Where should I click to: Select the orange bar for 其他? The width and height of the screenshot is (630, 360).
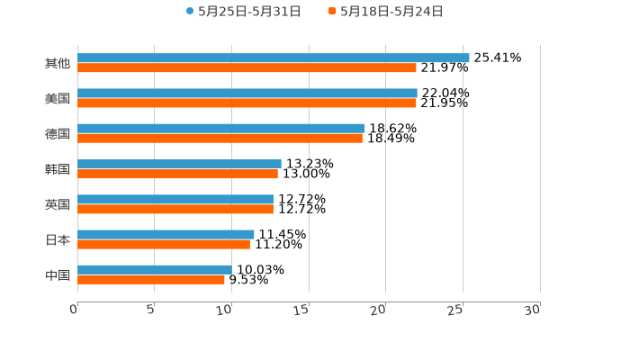[247, 67]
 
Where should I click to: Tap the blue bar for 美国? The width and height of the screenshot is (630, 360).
[247, 93]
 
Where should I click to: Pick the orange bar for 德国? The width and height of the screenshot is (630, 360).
[220, 138]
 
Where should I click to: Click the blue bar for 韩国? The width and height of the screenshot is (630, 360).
[179, 164]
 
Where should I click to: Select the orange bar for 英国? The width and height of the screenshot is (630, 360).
[175, 209]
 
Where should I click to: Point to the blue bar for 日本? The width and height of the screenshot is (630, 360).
[166, 234]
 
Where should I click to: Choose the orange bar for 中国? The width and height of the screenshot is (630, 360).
[150, 279]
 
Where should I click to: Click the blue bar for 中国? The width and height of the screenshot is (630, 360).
[154, 269]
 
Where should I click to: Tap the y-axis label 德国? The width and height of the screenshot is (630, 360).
[58, 133]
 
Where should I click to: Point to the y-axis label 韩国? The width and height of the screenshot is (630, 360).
[58, 169]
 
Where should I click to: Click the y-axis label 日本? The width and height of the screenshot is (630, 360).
[58, 239]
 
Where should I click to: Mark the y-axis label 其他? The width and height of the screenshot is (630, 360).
[58, 63]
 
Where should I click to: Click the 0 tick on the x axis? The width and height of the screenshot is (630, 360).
[75, 309]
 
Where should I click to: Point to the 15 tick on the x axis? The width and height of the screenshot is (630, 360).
[302, 309]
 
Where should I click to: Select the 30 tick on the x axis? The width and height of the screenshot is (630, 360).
[533, 309]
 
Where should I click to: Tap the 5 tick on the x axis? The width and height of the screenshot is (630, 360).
[151, 309]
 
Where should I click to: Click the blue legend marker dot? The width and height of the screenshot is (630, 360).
[190, 12]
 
